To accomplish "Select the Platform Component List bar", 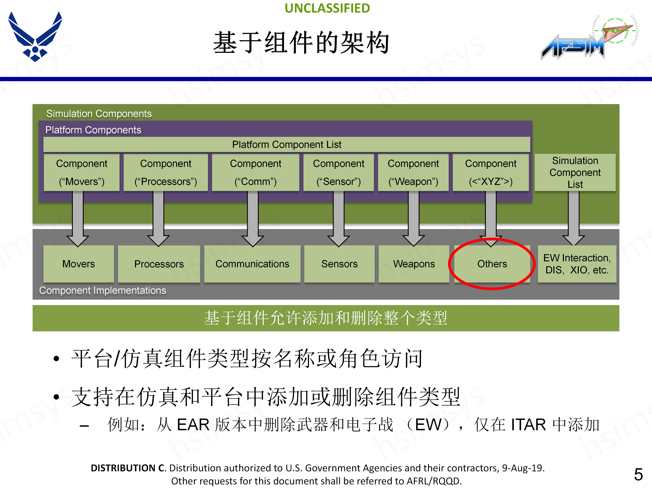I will click(286, 144).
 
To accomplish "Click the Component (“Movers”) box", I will click(82, 173).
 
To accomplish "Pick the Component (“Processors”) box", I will click(166, 173).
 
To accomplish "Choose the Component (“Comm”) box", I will click(256, 173).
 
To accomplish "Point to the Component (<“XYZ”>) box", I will click(491, 173).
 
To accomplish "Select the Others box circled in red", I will click(492, 264).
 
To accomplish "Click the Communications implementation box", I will click(252, 264).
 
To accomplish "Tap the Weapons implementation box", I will click(414, 264).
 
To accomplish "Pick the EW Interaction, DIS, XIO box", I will click(577, 264).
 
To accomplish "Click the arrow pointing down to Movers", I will click(78, 218).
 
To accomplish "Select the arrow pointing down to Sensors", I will click(339, 218).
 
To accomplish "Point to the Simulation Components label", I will click(99, 113).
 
